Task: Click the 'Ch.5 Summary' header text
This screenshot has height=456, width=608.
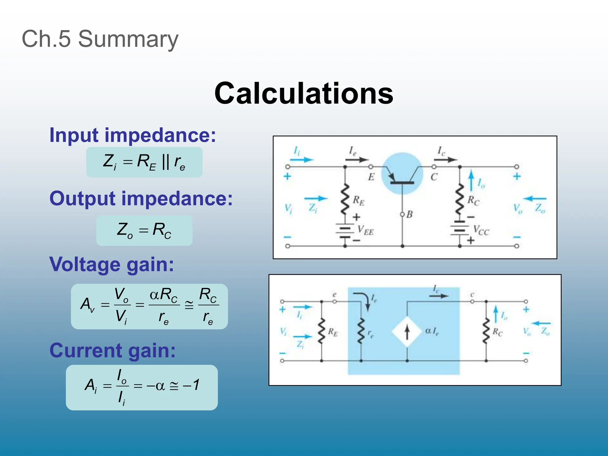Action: tap(100, 39)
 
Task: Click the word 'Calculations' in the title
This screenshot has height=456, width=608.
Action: tap(303, 93)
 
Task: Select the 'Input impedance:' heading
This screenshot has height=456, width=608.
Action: tap(133, 135)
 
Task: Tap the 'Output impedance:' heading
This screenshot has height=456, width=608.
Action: tap(141, 198)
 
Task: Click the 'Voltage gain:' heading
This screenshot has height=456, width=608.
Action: tap(112, 264)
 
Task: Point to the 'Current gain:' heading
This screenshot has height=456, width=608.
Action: tap(113, 350)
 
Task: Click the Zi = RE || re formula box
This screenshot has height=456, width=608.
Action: tap(144, 162)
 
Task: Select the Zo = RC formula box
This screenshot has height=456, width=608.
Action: tap(144, 230)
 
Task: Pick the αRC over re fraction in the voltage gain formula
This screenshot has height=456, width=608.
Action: tap(164, 306)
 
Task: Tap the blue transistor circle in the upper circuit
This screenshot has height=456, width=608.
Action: tap(402, 174)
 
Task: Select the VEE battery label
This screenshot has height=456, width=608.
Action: tap(365, 230)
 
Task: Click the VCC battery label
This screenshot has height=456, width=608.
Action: tap(481, 230)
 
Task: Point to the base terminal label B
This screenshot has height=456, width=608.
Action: tap(409, 214)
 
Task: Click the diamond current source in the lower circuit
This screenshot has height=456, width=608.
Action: tap(407, 332)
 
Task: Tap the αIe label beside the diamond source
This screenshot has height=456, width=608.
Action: tap(432, 331)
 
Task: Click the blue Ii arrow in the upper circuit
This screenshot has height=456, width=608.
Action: tap(302, 159)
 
